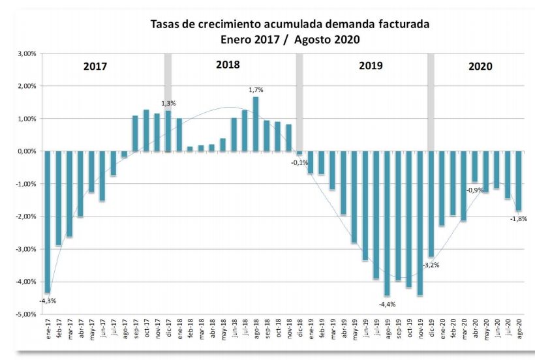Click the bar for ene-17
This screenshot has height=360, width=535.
pos(47,222)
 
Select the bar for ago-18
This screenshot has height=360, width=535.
pos(256,124)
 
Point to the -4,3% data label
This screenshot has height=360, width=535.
pos(48,301)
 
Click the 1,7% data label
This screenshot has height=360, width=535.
pos(256,89)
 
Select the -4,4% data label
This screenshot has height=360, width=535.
pos(387,304)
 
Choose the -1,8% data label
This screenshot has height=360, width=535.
pos(519,219)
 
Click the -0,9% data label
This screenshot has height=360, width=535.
pos(474,190)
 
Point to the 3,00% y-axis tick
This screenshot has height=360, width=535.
pos(26,53)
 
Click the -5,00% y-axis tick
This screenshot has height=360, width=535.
pos(25,314)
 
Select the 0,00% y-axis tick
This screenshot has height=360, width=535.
pos(26,151)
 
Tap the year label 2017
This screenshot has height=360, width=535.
pos(95,67)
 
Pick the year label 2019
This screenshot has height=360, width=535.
pos(371,66)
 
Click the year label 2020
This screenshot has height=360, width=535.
pos(480,66)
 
